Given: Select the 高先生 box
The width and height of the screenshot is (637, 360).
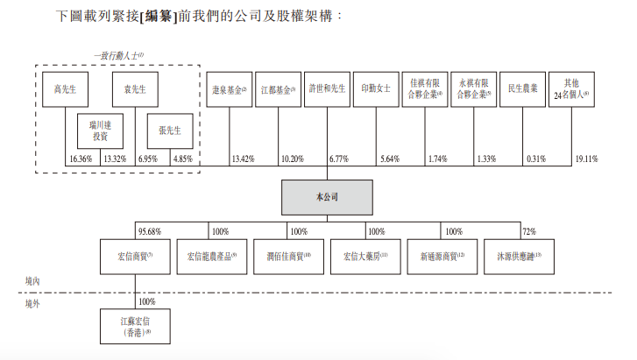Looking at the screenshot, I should (65, 90).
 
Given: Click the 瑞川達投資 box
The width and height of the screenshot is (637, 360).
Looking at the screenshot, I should (100, 131).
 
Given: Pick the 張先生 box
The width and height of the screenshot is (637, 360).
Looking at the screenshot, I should (169, 131).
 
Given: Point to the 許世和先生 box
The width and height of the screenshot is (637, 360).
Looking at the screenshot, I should (328, 90).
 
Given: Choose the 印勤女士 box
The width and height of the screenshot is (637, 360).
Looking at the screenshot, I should (376, 90).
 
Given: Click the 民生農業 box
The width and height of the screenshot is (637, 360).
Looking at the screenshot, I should (523, 90).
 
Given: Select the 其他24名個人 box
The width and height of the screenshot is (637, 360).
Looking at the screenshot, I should (573, 90).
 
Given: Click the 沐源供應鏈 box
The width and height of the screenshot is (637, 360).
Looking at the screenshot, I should (521, 258).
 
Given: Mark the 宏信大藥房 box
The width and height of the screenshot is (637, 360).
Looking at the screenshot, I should (365, 258).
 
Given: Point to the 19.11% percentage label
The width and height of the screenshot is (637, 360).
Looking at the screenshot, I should (587, 159).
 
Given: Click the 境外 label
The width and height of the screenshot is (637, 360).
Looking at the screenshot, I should (32, 304).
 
